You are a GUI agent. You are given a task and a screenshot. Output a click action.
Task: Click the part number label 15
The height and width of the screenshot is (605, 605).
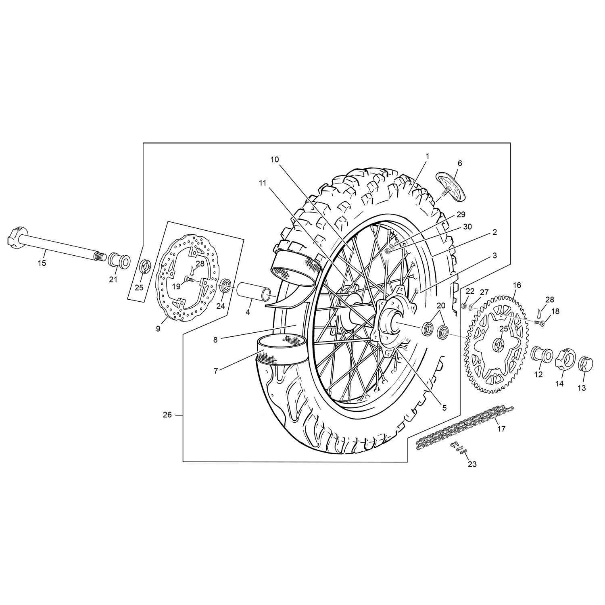tap(42, 263)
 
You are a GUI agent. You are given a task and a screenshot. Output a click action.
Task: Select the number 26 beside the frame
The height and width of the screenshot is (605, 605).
tap(167, 415)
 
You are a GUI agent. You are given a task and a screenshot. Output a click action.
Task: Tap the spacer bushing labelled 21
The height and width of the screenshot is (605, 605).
tap(119, 259)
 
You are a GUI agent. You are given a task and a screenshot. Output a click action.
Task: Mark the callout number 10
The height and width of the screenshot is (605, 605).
tap(275, 160)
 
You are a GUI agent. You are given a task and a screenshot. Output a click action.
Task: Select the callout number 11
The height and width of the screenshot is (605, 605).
tap(263, 183)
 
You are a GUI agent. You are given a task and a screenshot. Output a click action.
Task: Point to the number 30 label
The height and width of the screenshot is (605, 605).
tap(467, 227)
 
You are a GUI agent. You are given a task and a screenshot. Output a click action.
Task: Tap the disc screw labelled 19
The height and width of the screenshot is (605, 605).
tap(190, 279)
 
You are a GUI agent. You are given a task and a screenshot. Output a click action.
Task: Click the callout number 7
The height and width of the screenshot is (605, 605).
tap(216, 371)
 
